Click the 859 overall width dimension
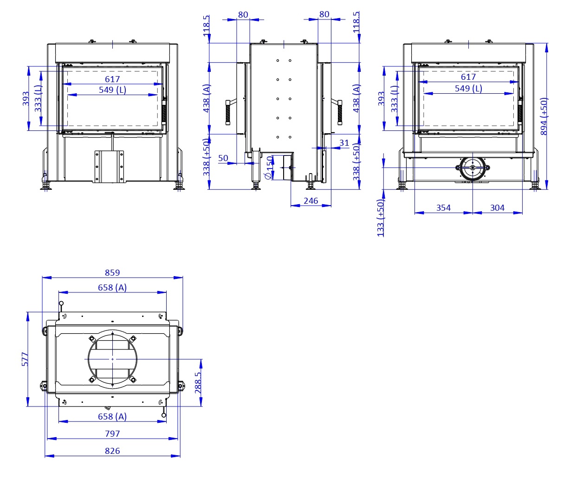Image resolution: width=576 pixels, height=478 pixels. coord(112,273)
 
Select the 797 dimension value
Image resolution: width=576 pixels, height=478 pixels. coord(112,434)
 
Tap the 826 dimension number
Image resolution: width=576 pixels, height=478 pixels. coord(112,451)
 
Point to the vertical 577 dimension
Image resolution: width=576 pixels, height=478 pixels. coord(25,359)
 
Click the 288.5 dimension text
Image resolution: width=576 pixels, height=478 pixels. coord(198,382)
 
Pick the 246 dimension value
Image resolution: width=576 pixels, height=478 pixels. coord(311,201)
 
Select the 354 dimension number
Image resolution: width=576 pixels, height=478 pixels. coord(443,208)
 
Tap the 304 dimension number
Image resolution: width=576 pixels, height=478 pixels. coord(497,208)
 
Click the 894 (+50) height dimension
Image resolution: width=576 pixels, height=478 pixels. coord(544,116)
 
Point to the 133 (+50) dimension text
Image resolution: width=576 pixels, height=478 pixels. coord(381,218)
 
